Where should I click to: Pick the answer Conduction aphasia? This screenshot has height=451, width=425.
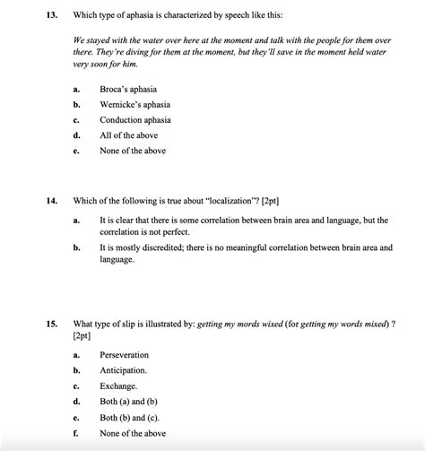[135, 120]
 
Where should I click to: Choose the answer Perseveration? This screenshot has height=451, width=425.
[124, 355]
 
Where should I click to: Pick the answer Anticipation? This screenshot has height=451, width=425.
[123, 370]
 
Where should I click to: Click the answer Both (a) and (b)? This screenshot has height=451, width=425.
[132, 402]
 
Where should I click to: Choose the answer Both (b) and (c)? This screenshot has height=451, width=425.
[132, 418]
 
